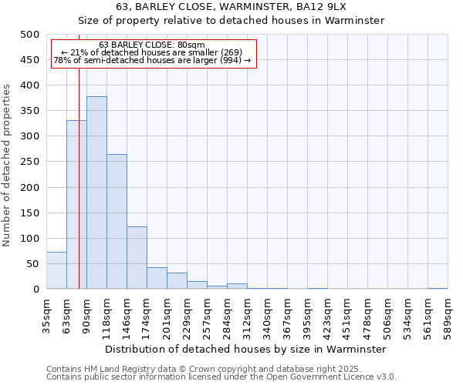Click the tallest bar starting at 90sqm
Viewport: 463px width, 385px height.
click(x=96, y=192)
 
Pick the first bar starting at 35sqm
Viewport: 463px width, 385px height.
click(x=56, y=270)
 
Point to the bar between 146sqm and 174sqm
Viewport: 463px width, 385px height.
click(x=137, y=258)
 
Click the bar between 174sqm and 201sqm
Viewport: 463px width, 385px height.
click(x=157, y=278)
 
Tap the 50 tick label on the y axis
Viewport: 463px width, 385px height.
click(x=32, y=264)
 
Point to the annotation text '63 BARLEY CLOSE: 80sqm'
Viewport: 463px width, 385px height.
click(x=152, y=45)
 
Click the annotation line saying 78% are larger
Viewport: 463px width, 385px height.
click(x=152, y=60)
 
